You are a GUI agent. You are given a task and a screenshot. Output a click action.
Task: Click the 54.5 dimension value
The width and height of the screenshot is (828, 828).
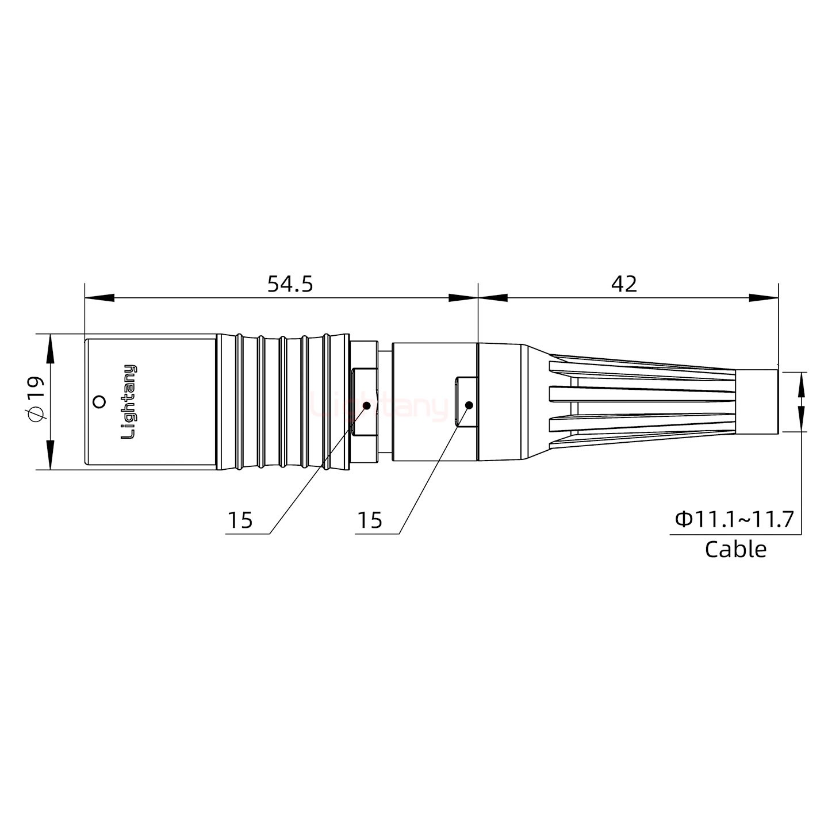(x=290, y=284)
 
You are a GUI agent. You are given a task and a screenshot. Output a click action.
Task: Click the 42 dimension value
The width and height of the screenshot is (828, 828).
(x=624, y=284)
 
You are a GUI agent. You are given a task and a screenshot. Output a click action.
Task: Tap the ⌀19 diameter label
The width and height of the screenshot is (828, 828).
(x=36, y=400)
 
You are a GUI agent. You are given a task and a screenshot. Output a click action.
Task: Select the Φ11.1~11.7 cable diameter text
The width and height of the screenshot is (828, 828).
(x=734, y=519)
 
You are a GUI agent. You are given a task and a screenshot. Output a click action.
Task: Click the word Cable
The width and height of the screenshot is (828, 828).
(x=735, y=549)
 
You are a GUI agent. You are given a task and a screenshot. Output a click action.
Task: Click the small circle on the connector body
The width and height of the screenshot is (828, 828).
(x=99, y=401)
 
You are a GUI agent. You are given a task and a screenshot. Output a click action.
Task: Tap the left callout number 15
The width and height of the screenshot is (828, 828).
(x=240, y=520)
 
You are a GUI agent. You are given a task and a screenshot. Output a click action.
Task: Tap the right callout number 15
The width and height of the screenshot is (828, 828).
(x=369, y=520)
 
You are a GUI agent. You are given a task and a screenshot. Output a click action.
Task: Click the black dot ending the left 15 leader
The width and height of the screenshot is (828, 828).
(x=367, y=405)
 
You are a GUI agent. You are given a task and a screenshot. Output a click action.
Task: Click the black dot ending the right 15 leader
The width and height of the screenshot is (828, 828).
(x=469, y=405)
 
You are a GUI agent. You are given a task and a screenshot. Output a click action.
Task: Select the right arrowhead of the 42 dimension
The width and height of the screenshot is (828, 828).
(x=764, y=298)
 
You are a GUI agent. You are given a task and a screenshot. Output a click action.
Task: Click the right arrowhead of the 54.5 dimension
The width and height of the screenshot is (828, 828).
(x=463, y=298)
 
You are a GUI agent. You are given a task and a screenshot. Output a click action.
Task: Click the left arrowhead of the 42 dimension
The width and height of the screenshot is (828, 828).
(x=493, y=298)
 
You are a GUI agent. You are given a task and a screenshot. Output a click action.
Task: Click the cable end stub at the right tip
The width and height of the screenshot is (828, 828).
(x=757, y=401)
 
